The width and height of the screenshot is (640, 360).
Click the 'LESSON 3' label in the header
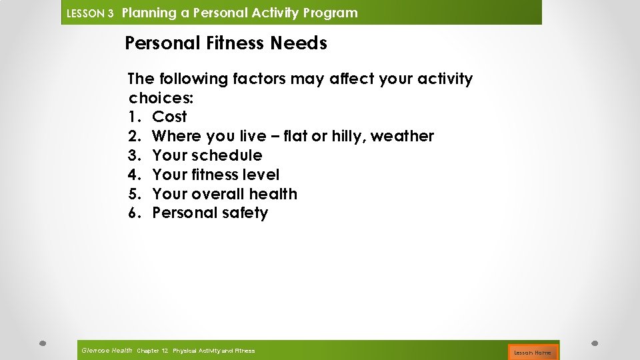coord(91,13)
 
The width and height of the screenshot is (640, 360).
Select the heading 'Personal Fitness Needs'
coord(226,44)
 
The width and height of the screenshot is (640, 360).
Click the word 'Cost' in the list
coord(169,117)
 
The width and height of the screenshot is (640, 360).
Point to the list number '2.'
coord(135,136)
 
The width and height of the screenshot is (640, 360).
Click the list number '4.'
coord(135,175)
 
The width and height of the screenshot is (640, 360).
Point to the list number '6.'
coord(135,213)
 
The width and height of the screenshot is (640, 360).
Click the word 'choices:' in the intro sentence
coord(161,98)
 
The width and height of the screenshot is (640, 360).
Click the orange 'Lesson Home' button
coord(532,352)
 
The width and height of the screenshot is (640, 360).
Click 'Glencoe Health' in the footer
coord(106,351)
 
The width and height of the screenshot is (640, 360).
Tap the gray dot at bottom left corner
coord(41,343)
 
